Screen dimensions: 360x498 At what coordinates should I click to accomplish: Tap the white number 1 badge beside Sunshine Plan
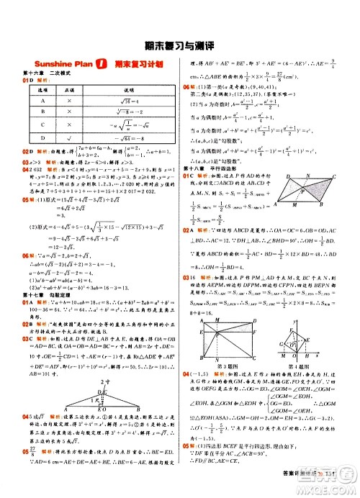click(102, 63)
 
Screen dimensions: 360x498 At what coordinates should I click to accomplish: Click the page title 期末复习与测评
click(179, 42)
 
